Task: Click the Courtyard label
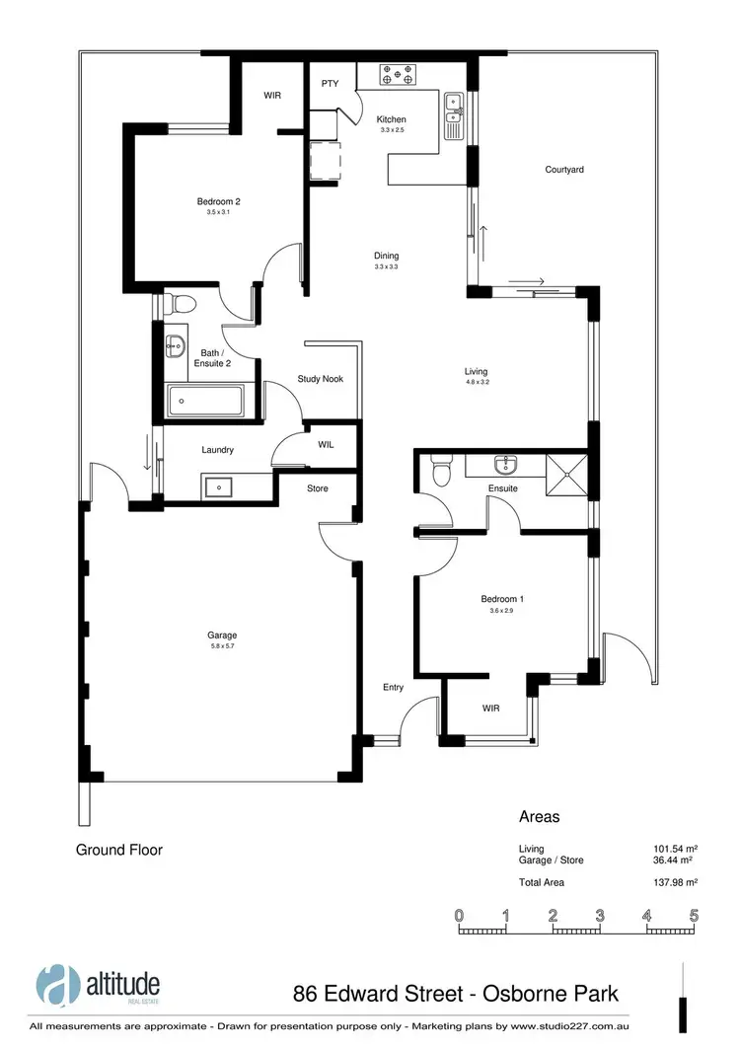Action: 564,170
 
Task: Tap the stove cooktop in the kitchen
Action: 399,73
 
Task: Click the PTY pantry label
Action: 330,84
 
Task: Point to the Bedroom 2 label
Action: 218,201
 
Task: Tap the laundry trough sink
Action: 216,485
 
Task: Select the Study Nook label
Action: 321,379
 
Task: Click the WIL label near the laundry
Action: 326,445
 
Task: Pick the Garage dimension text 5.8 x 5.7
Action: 223,647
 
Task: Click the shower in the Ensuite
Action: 566,469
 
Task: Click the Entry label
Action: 394,688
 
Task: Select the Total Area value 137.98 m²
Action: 677,882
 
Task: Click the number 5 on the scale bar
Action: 694,915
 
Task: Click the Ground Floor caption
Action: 119,850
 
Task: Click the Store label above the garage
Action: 317,488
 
